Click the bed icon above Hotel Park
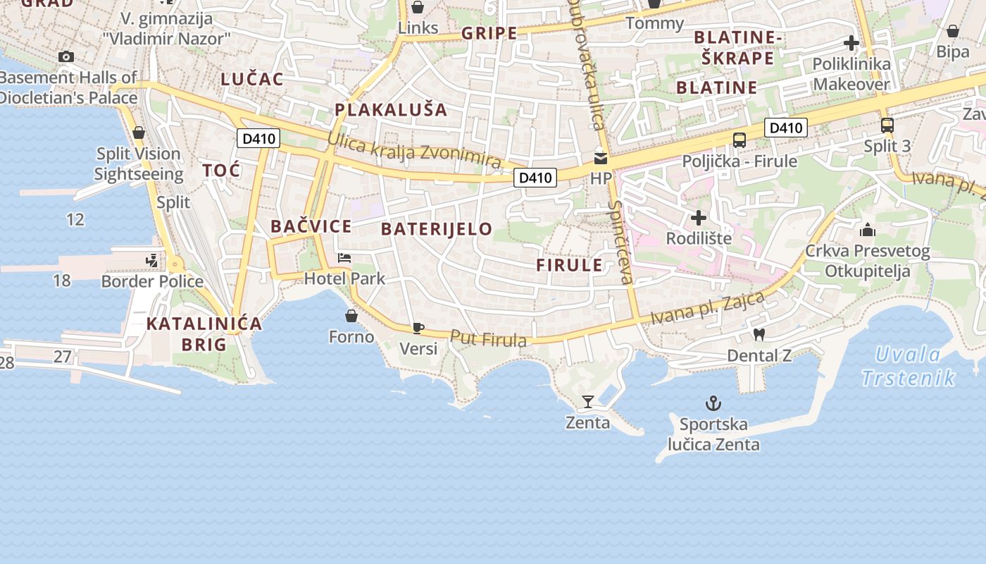click(x=344, y=258)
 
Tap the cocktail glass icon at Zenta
click(x=588, y=402)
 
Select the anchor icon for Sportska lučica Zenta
click(x=713, y=403)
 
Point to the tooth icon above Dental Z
click(x=759, y=334)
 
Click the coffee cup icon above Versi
click(x=418, y=328)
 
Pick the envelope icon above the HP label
click(x=601, y=158)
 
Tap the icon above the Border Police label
click(x=152, y=261)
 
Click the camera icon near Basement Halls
click(x=66, y=56)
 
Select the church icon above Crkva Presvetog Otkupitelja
click(x=867, y=230)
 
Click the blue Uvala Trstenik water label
click(x=909, y=366)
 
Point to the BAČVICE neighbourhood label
click(x=311, y=226)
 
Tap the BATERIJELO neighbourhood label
click(x=437, y=228)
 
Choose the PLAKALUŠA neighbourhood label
click(x=391, y=109)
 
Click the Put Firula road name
click(x=488, y=339)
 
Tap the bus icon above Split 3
click(x=887, y=125)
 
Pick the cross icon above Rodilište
click(x=698, y=217)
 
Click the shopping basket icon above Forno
click(x=351, y=316)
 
